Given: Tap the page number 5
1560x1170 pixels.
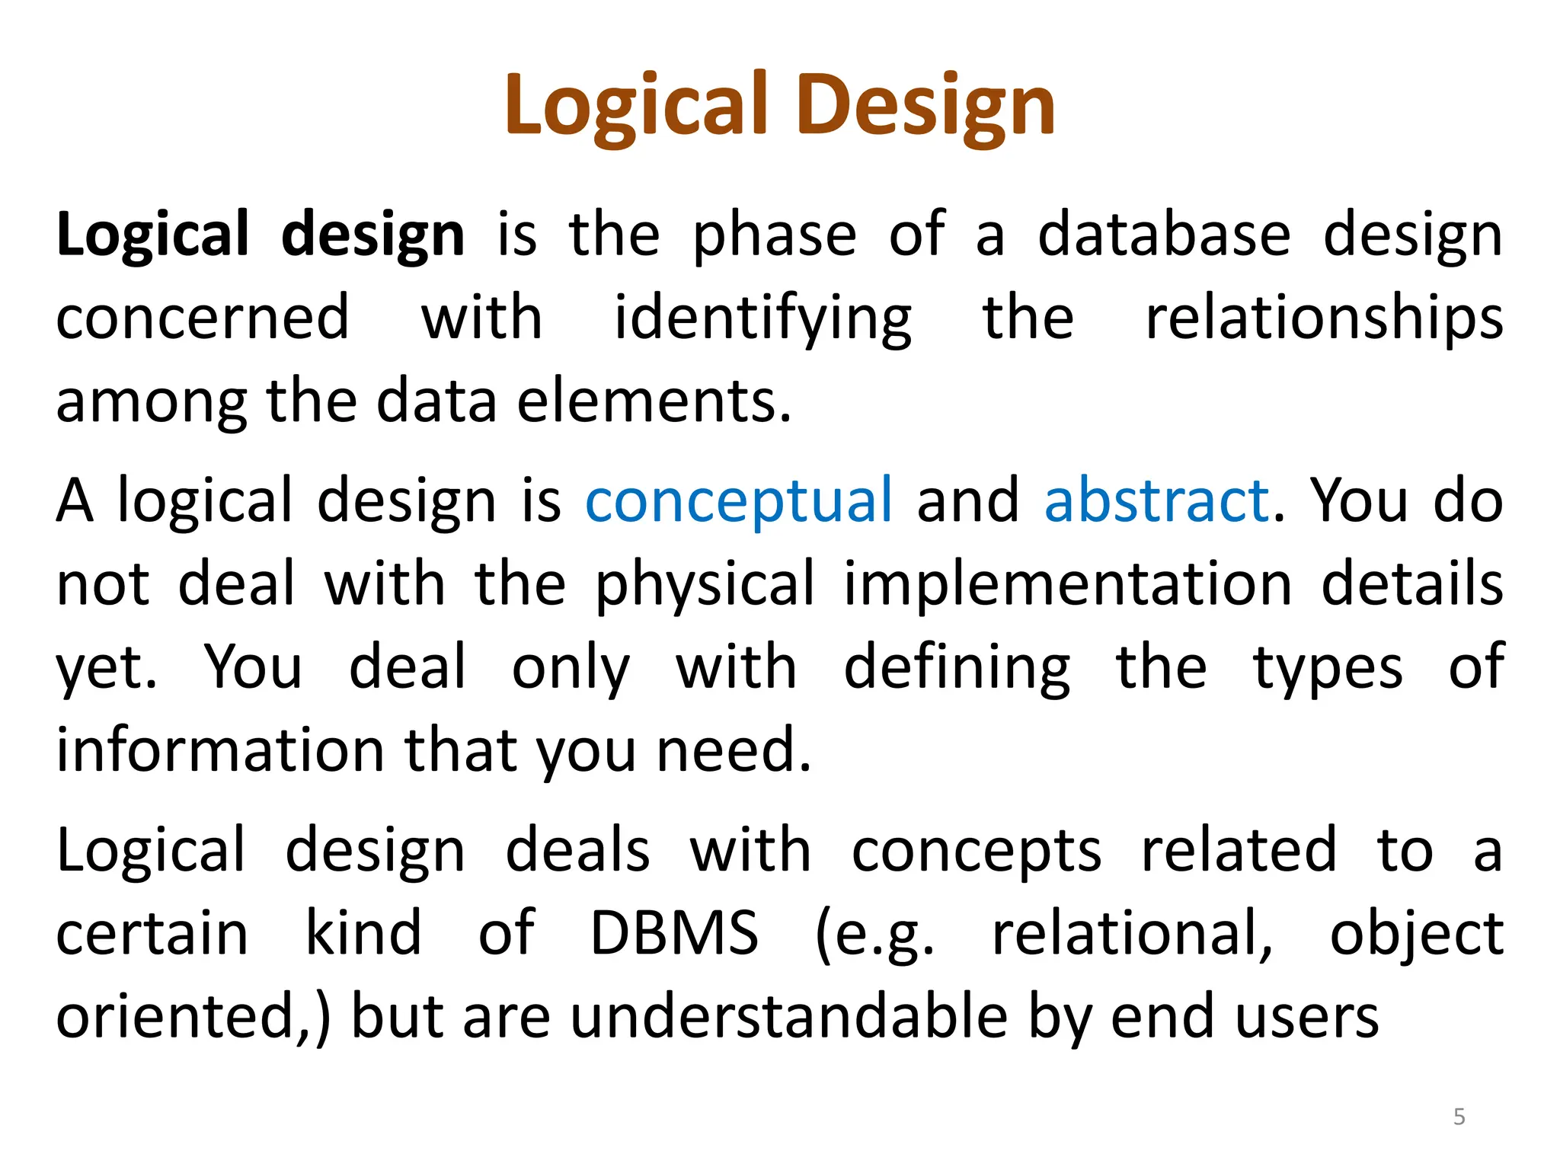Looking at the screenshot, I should pyautogui.click(x=1459, y=1117).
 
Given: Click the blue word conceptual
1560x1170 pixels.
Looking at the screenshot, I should pyautogui.click(x=738, y=501).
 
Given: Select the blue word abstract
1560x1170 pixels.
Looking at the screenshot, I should pyautogui.click(x=1156, y=501).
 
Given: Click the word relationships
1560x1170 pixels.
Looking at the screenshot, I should pyautogui.click(x=1324, y=318).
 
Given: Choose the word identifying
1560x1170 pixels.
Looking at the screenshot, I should pyautogui.click(x=762, y=318).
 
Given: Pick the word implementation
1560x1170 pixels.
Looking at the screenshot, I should pyautogui.click(x=1068, y=584).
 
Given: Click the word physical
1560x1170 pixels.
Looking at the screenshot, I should pyautogui.click(x=705, y=584).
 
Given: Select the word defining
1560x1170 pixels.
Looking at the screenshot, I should pyautogui.click(x=957, y=668).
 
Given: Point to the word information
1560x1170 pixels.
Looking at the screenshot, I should pyautogui.click(x=220, y=750).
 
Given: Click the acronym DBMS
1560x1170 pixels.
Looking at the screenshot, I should pyautogui.click(x=674, y=933).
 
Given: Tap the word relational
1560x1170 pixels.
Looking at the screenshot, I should pyautogui.click(x=1132, y=933).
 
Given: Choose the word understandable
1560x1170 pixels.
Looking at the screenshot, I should pyautogui.click(x=789, y=1017).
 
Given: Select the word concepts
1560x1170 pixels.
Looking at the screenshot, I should pyautogui.click(x=976, y=851).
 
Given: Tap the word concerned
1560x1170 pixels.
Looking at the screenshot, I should pyautogui.click(x=203, y=318).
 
